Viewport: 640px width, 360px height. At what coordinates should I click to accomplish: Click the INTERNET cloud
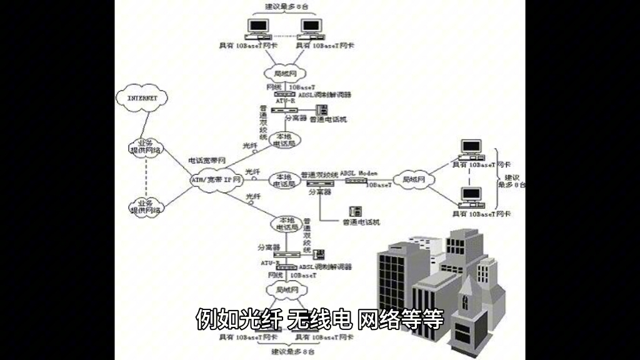(142, 99)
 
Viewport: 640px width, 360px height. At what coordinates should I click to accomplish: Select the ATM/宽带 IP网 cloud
(214, 180)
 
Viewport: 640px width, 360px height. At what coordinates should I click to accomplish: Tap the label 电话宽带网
(206, 161)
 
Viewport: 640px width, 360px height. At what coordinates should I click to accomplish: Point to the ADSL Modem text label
(359, 172)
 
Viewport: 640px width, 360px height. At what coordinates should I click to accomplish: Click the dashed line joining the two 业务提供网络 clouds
(146, 176)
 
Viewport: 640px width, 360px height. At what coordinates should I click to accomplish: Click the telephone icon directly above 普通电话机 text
(355, 211)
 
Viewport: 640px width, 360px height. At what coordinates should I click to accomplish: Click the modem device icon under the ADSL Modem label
(356, 181)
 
